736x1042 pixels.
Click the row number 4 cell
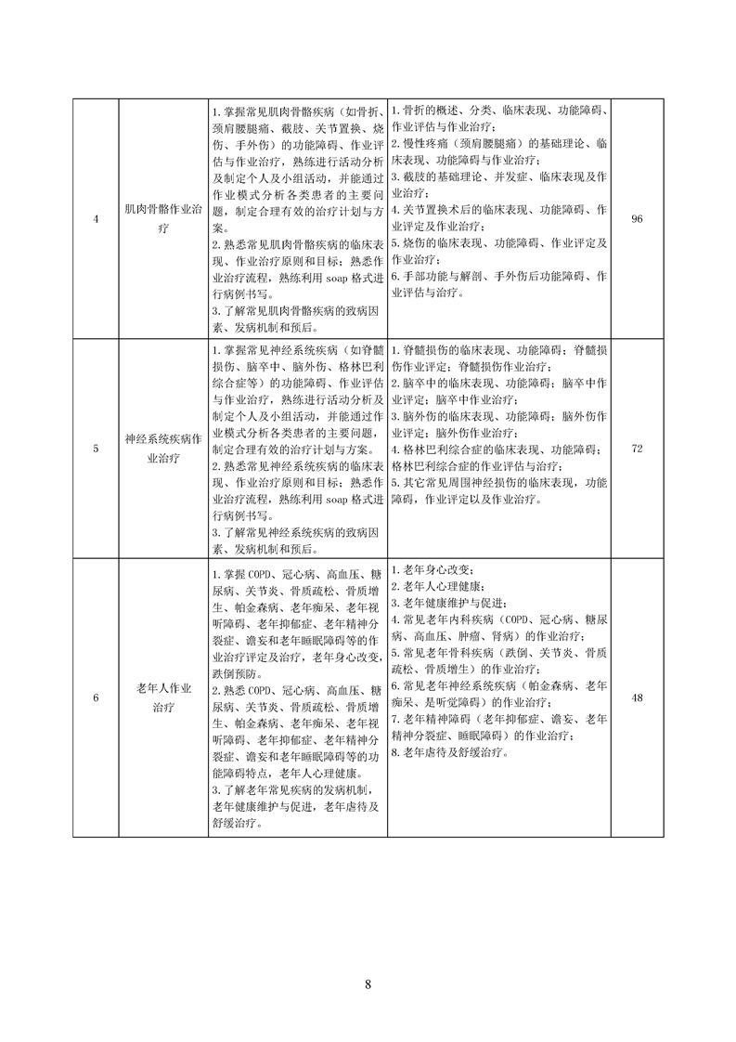pyautogui.click(x=97, y=219)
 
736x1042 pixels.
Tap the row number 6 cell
pyautogui.click(x=97, y=697)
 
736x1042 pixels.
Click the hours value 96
pyautogui.click(x=637, y=219)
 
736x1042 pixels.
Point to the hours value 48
pyautogui.click(x=637, y=697)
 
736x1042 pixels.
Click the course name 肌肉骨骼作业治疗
pyautogui.click(x=162, y=218)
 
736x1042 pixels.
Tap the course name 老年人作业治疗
pyautogui.click(x=162, y=697)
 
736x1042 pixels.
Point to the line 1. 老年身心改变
pyautogui.click(x=433, y=569)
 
